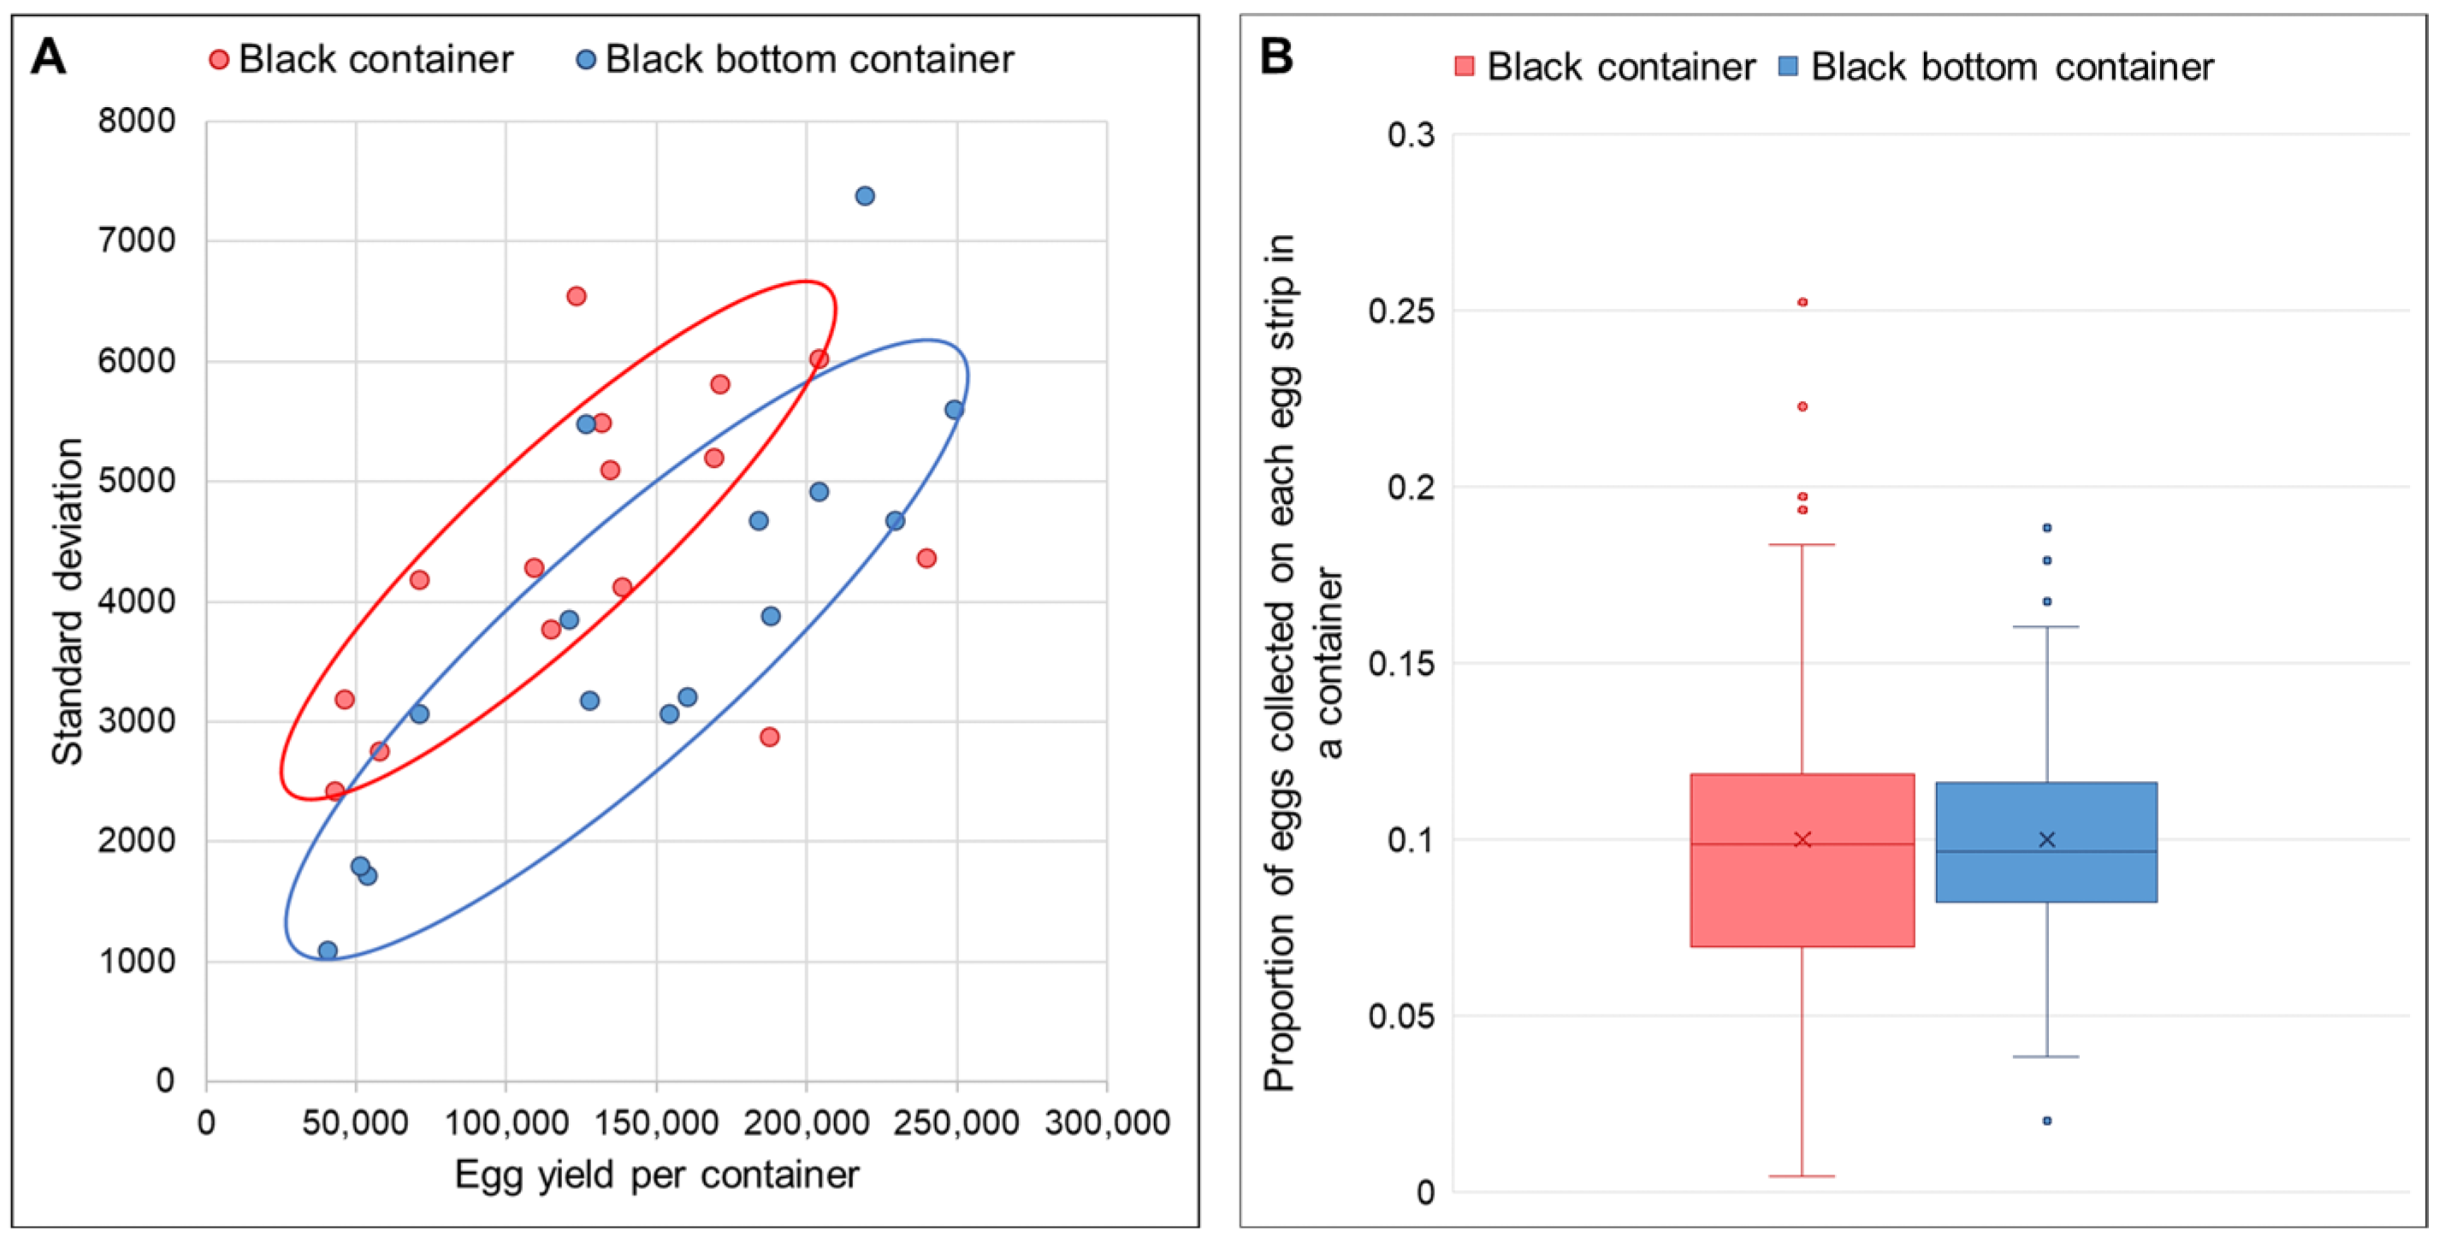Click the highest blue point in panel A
click(x=865, y=197)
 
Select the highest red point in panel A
click(x=576, y=296)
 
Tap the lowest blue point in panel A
click(x=328, y=951)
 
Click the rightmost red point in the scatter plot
click(x=927, y=558)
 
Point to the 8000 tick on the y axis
click(x=138, y=121)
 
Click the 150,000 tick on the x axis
click(x=656, y=1122)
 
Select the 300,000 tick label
click(x=1107, y=1122)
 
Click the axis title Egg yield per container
click(x=656, y=1175)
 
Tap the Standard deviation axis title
click(x=67, y=601)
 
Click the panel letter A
click(x=49, y=57)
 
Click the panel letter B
click(x=1276, y=57)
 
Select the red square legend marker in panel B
click(x=1465, y=67)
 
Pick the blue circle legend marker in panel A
click(x=587, y=60)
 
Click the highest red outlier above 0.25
click(x=1803, y=303)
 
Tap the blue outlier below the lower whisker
click(x=2047, y=1121)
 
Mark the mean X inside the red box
click(x=1803, y=839)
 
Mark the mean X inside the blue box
click(x=2047, y=839)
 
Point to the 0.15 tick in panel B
click(x=1401, y=663)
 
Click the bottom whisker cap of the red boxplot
click(x=1803, y=1177)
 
